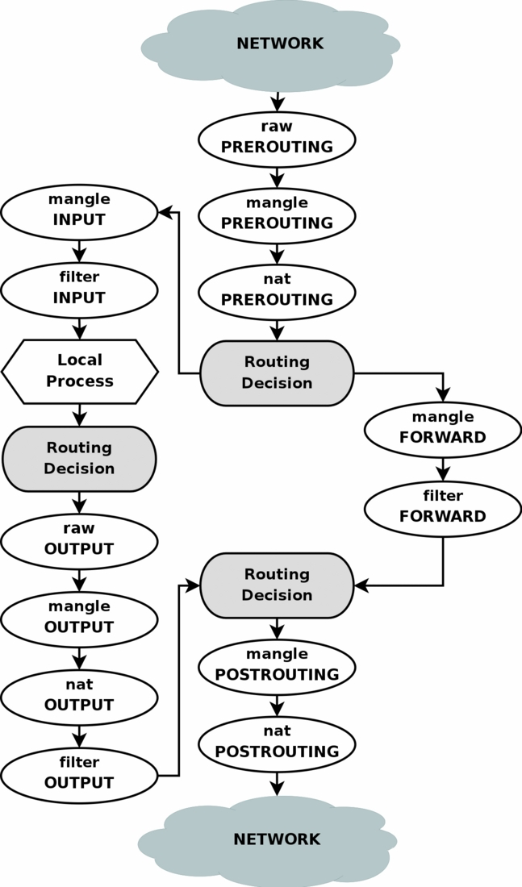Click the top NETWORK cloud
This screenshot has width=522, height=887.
click(x=269, y=44)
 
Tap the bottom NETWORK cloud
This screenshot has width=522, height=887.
click(x=268, y=840)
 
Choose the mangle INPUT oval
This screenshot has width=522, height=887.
click(x=79, y=210)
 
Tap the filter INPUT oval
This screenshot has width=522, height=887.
click(x=79, y=289)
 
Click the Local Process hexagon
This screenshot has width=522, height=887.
click(x=79, y=371)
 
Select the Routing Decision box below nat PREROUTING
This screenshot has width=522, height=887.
click(x=277, y=373)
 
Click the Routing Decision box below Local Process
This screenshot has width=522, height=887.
click(x=79, y=458)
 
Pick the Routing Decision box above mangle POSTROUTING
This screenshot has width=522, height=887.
click(x=277, y=585)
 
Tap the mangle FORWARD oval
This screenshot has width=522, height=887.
click(x=442, y=428)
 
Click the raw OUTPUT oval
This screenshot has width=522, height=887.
click(x=79, y=539)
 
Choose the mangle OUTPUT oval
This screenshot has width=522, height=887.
click(x=79, y=618)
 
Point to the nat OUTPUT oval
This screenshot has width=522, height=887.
click(x=79, y=695)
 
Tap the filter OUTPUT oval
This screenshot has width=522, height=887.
click(x=79, y=773)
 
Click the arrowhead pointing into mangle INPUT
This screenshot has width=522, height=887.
click(x=165, y=212)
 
